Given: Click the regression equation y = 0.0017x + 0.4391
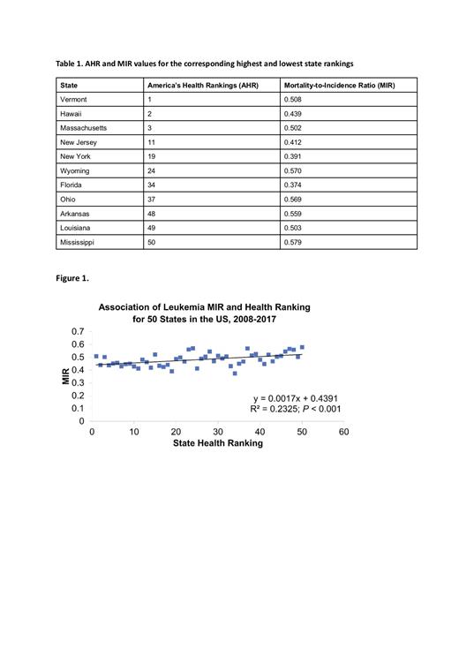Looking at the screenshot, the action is pos(297,398).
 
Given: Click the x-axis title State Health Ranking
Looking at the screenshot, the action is pos(219,443).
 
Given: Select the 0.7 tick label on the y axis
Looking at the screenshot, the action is pos(79,331).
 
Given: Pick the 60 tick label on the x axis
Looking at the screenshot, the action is pos(343,432).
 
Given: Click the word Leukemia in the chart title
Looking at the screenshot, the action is pos(174,307).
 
